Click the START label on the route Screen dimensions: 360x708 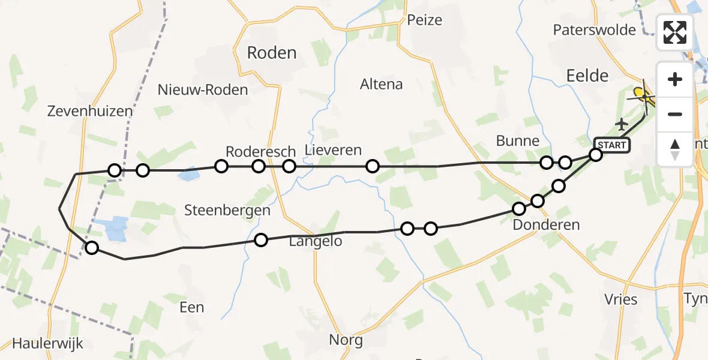click(x=611, y=145)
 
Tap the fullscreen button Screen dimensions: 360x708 click(x=675, y=32)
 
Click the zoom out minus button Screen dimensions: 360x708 click(x=675, y=114)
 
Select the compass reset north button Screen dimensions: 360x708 click(x=675, y=149)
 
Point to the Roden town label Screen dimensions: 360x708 click(x=272, y=53)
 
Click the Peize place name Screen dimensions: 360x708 click(x=424, y=20)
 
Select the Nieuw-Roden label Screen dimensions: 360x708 click(x=203, y=90)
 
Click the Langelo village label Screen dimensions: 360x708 click(x=316, y=241)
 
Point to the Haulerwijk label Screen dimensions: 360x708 click(x=47, y=344)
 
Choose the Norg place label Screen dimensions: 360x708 click(x=346, y=340)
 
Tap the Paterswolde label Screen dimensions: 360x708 click(x=595, y=29)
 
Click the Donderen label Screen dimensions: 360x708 click(x=546, y=225)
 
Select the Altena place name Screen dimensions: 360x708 click(x=381, y=84)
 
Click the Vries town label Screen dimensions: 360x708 click(x=621, y=299)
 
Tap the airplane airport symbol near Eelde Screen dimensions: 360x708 click(x=621, y=124)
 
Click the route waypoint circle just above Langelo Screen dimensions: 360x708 click(x=261, y=240)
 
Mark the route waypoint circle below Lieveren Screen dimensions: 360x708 click(x=373, y=166)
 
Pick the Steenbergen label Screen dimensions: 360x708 click(x=227, y=211)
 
